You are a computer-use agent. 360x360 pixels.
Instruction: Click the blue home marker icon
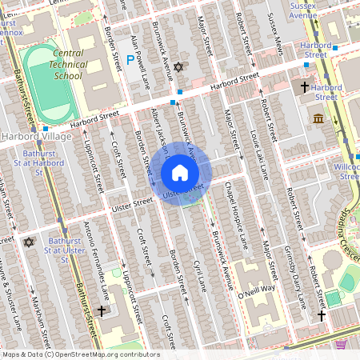tap(180, 173)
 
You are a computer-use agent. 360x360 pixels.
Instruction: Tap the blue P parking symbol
tap(130, 59)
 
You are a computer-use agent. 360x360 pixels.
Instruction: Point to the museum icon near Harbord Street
tap(319, 119)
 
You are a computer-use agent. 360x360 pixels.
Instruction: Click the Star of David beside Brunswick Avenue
tap(178, 69)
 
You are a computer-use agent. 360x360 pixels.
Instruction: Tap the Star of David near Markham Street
tap(30, 242)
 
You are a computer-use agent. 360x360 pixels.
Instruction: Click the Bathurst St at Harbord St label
tap(42, 157)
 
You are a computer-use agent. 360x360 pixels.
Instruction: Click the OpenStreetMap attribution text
tap(80, 354)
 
